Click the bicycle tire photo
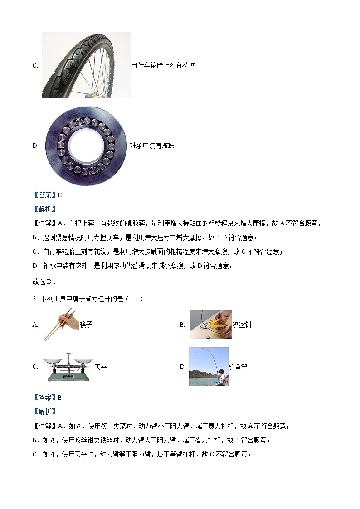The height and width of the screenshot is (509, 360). [86, 65]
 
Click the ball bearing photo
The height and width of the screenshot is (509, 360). [86, 145]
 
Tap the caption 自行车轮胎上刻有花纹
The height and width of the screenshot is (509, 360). [163, 65]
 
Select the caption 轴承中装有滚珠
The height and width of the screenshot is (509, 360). [152, 145]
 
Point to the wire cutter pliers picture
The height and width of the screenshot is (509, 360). [210, 325]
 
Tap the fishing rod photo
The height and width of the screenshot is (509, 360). [209, 367]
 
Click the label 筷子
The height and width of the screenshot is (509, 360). [86, 325]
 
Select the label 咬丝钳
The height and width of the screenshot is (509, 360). [242, 325]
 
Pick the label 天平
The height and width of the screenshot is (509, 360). [101, 367]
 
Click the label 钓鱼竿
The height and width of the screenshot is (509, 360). [238, 367]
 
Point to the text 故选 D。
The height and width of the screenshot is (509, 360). [45, 281]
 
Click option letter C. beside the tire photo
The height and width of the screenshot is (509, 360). [35, 65]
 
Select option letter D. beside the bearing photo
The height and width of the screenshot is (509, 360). [35, 145]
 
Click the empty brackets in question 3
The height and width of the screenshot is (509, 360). [135, 299]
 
